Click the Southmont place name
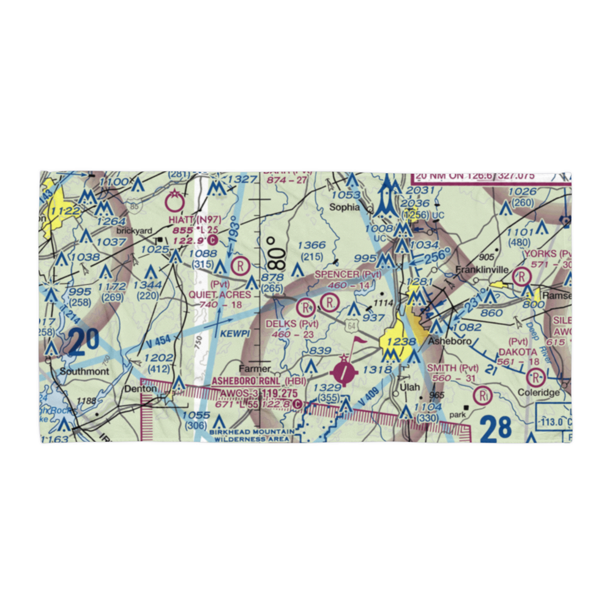[x=84, y=371]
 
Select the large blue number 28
[x=495, y=429]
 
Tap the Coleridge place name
[x=539, y=392]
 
